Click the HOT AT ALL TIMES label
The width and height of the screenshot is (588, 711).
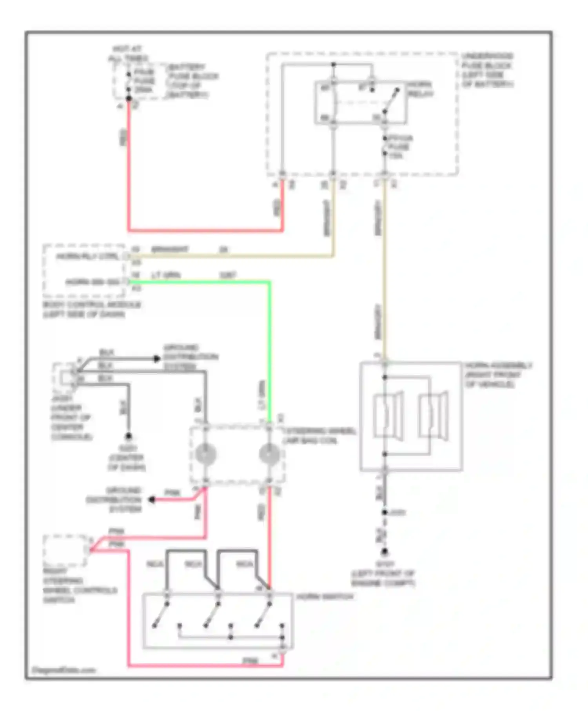click(128, 54)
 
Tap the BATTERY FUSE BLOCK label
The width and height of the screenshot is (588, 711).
click(192, 81)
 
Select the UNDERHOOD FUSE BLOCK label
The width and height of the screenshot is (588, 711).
click(487, 70)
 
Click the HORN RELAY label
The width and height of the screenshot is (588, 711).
click(420, 89)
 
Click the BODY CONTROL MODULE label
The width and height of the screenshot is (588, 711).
click(91, 309)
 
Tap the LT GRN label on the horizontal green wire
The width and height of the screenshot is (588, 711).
click(166, 275)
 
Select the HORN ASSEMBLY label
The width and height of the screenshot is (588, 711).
click(498, 375)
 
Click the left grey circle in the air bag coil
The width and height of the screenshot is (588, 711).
click(206, 454)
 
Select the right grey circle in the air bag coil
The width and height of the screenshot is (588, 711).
click(269, 454)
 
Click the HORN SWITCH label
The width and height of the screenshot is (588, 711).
click(325, 597)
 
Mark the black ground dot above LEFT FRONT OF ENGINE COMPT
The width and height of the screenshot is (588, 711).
click(385, 552)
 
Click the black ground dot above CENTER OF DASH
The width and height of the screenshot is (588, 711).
click(128, 436)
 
